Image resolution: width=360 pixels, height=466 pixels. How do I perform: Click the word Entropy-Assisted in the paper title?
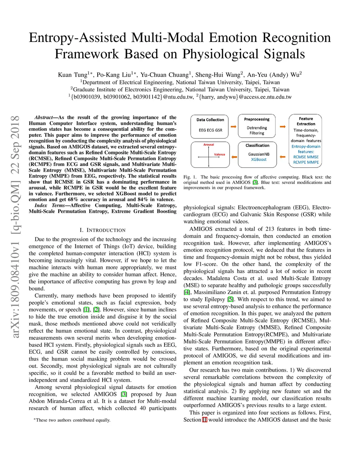[77, 38]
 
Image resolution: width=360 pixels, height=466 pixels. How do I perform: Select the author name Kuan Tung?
[72, 75]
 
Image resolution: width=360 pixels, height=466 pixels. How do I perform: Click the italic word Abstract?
[44, 117]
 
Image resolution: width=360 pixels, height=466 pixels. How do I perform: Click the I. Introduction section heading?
[102, 230]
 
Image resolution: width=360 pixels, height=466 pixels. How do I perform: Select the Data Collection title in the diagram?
[210, 120]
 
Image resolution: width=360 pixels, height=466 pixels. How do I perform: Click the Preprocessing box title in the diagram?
[257, 119]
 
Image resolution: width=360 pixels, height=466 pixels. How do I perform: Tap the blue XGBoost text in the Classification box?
[258, 159]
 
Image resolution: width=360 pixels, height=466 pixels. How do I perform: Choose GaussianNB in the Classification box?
[258, 154]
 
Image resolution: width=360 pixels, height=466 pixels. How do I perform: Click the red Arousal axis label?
[208, 145]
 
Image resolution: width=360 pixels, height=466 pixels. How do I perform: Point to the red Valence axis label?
[219, 154]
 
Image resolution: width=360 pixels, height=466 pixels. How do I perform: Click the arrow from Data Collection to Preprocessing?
[233, 127]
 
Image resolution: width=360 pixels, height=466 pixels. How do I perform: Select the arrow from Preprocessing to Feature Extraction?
[283, 127]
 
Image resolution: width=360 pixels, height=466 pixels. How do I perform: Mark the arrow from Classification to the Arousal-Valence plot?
[233, 157]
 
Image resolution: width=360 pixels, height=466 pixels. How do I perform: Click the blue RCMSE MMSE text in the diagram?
[306, 157]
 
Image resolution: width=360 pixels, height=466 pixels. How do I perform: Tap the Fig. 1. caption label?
[190, 177]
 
